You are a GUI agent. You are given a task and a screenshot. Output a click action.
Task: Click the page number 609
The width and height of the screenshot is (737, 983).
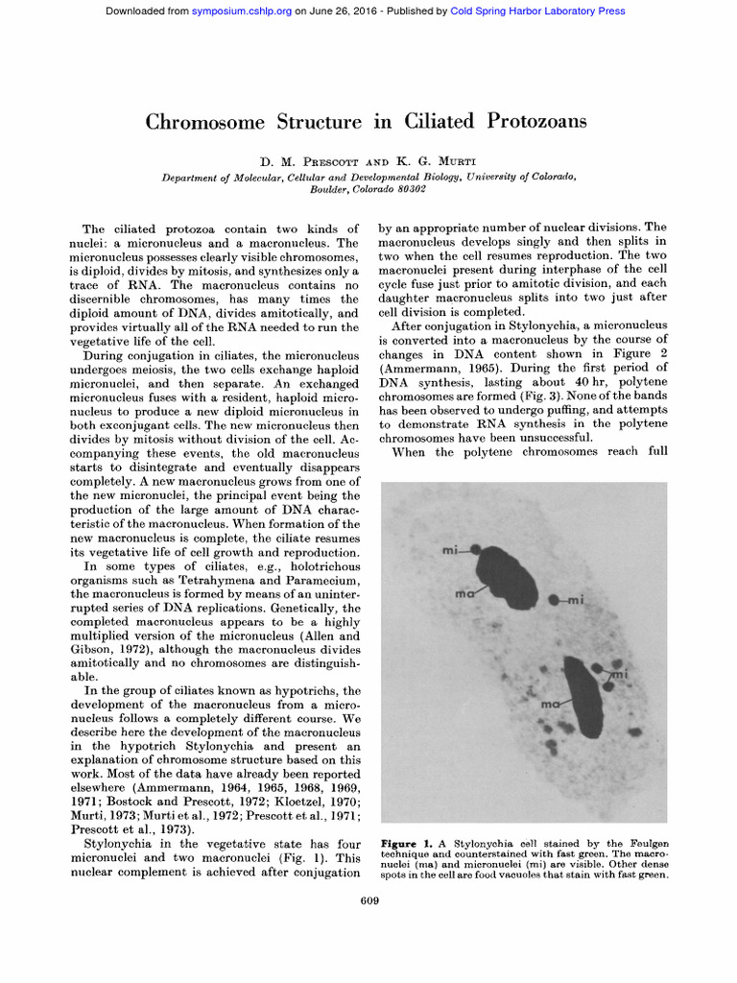[x=369, y=899]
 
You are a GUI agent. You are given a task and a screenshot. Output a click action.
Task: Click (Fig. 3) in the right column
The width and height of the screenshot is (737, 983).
[x=529, y=395]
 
